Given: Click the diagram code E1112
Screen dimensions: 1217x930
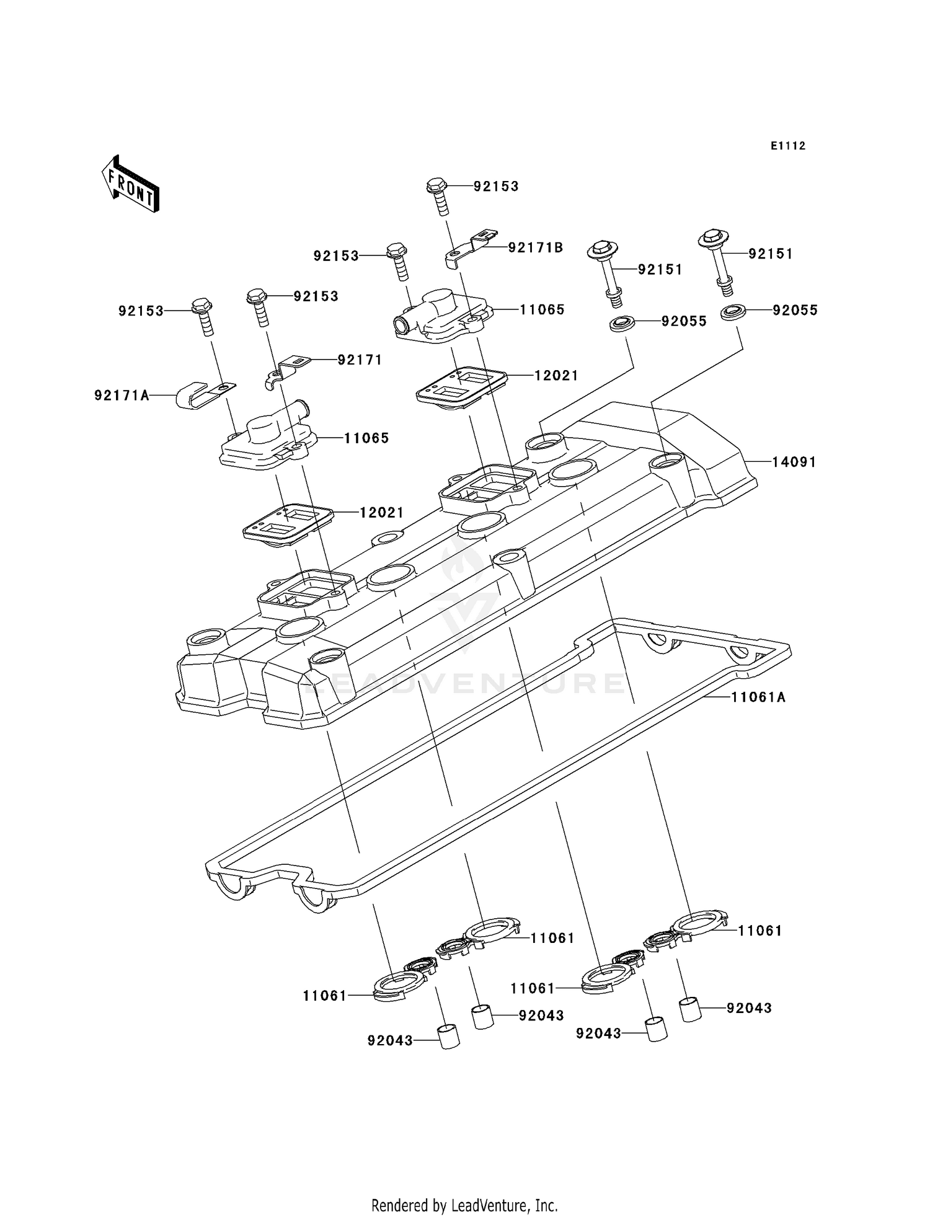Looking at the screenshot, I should pyautogui.click(x=788, y=146).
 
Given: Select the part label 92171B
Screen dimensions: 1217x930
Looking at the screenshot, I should pyautogui.click(x=535, y=248).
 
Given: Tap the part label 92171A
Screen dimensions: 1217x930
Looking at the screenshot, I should pyautogui.click(x=122, y=395).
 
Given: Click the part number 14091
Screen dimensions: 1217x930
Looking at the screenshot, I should pyautogui.click(x=794, y=462).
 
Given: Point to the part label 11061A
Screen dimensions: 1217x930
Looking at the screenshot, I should pyautogui.click(x=758, y=697).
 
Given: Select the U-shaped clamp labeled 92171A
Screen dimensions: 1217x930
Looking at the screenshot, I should pyautogui.click(x=199, y=394).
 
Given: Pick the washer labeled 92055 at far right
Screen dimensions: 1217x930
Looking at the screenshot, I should pyautogui.click(x=733, y=312).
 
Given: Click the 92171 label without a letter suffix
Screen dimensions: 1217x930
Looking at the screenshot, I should pyautogui.click(x=360, y=360).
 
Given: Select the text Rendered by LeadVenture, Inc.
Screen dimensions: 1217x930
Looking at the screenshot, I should pyautogui.click(x=464, y=1205).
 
